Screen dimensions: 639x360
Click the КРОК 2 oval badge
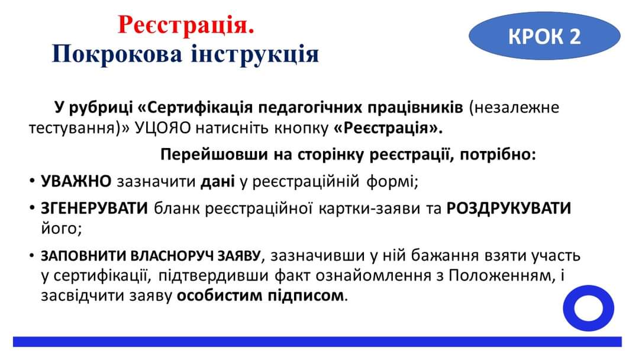click(544, 36)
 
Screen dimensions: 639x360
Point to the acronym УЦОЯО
click(163, 128)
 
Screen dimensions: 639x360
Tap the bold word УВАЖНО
click(76, 181)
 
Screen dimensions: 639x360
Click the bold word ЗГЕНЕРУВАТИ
click(95, 208)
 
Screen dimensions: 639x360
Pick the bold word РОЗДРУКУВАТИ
click(509, 208)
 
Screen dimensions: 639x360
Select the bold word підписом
click(306, 295)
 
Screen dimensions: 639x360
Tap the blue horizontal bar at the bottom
click(318, 342)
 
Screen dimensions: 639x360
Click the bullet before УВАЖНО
click(32, 181)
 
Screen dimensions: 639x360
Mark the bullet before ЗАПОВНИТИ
click(32, 256)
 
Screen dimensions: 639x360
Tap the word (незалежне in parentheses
click(514, 108)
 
